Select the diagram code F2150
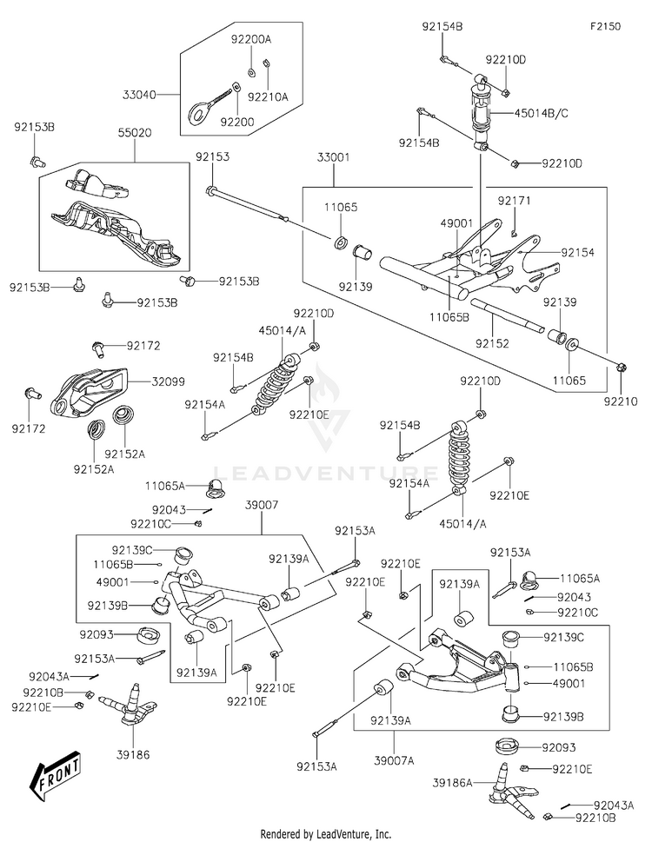(606, 26)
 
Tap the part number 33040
(139, 95)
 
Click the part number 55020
(134, 133)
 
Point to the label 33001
(333, 157)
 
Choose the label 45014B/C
(542, 113)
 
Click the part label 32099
(168, 381)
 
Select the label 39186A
(452, 784)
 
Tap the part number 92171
(514, 201)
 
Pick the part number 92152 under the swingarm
(492, 343)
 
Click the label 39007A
(394, 761)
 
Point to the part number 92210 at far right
(621, 401)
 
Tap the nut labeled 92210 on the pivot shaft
(622, 368)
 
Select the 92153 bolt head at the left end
(210, 190)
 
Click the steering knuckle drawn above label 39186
(134, 705)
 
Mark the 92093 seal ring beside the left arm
(149, 634)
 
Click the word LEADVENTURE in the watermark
(326, 473)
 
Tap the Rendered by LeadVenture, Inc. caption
(325, 834)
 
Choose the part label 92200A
(251, 39)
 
